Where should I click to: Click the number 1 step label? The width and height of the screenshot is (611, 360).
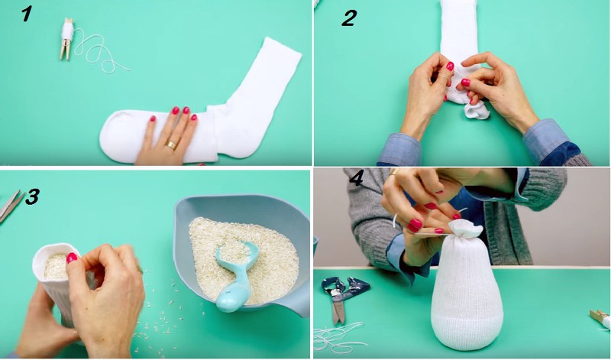click(x=26, y=14)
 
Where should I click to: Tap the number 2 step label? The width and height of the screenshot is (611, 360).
click(x=349, y=18)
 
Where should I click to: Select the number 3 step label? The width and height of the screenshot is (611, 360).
click(x=32, y=196)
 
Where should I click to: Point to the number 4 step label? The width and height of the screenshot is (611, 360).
click(x=356, y=178)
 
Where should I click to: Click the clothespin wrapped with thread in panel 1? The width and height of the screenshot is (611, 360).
click(x=66, y=39)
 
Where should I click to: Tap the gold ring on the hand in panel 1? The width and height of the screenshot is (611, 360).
click(x=171, y=144)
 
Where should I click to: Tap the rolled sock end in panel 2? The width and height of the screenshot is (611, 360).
click(x=476, y=109)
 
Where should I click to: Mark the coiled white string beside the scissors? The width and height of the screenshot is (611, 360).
click(x=338, y=336)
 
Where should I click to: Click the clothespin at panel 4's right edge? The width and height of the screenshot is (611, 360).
click(x=600, y=318)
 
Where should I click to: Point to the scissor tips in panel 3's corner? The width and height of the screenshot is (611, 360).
click(x=10, y=206)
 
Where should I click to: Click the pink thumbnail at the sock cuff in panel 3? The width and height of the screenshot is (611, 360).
click(x=72, y=258)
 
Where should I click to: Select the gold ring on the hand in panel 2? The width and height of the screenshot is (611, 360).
click(x=444, y=78)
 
